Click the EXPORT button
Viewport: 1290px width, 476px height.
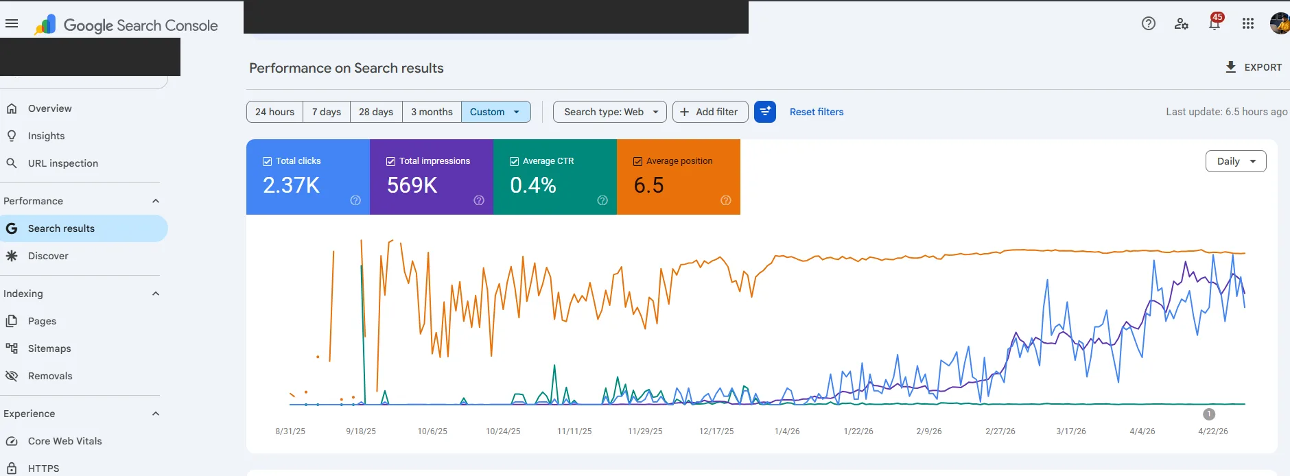[x=1254, y=67]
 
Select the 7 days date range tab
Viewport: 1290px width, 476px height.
[x=327, y=112]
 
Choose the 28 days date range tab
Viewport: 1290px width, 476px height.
[x=376, y=112]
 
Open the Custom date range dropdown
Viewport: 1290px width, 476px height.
[x=495, y=112]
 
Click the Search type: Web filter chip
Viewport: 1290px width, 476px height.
[x=610, y=112]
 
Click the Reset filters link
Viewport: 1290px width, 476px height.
[x=817, y=112]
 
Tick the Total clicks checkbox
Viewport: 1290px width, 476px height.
[x=268, y=161]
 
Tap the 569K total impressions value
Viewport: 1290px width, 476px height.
[x=412, y=185]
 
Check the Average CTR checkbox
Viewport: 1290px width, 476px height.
[x=514, y=161]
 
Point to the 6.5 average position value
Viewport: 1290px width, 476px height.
[x=648, y=185]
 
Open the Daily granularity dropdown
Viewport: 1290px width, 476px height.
[x=1236, y=161]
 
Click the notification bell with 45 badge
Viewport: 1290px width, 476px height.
[x=1215, y=23]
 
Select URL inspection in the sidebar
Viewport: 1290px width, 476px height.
[x=63, y=163]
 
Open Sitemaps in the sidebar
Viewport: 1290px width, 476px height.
[x=49, y=348]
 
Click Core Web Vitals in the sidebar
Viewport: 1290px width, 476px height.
[x=64, y=441]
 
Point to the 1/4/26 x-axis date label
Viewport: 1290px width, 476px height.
[x=787, y=431]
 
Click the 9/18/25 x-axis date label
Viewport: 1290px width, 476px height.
[x=361, y=431]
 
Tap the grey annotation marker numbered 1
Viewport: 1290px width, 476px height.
[x=1209, y=414]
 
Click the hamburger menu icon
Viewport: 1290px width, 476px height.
[x=12, y=23]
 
